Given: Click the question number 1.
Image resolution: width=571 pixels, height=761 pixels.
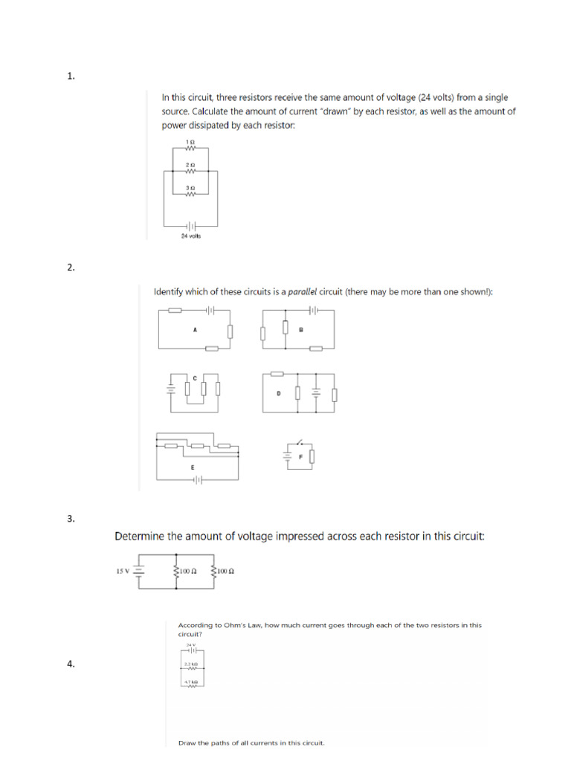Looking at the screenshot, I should [x=71, y=76].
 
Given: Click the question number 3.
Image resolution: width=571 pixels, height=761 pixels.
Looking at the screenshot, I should [x=71, y=519].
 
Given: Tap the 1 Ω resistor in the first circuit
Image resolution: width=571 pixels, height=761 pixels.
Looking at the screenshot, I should [x=190, y=147].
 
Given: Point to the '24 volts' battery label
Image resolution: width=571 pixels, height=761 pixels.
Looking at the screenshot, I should [x=191, y=236].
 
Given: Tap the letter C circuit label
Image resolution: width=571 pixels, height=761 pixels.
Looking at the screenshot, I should [x=195, y=378].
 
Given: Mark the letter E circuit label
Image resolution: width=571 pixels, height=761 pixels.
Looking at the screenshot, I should [x=193, y=467].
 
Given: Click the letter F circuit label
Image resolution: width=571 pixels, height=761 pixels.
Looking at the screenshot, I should [x=301, y=456].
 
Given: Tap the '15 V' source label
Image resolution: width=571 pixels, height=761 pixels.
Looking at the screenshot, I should [x=123, y=571].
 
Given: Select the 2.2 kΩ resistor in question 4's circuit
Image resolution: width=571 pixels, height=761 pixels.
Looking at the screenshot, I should [x=189, y=667].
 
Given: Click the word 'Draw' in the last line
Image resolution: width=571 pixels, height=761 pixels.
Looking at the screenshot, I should [x=187, y=742].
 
